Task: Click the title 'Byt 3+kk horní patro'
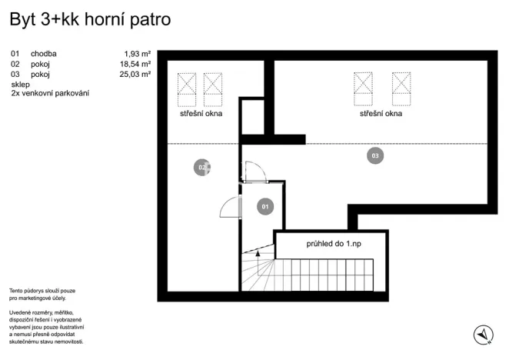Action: (90, 20)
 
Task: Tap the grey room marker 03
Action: (375, 156)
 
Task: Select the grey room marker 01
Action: (263, 206)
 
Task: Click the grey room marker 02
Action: (202, 168)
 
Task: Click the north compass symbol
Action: (483, 334)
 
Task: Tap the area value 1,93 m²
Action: (137, 54)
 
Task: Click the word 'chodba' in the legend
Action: (44, 54)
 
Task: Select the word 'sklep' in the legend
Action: (20, 84)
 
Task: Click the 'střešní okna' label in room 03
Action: (381, 114)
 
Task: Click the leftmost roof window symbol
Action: (186, 89)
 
